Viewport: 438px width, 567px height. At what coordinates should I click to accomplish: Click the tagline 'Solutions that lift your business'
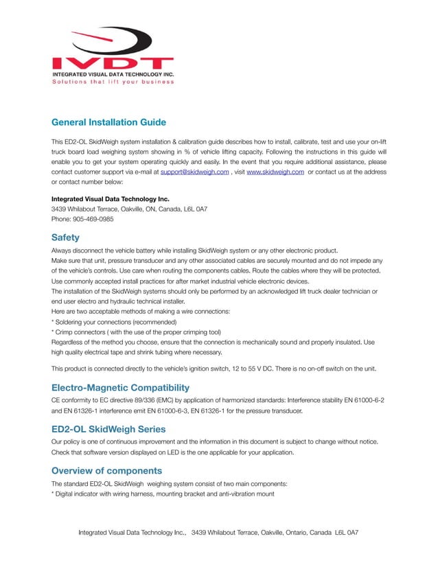[x=113, y=82]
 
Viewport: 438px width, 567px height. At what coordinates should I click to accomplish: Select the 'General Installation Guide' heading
[x=108, y=122]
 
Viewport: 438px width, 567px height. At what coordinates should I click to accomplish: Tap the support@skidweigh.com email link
[x=194, y=172]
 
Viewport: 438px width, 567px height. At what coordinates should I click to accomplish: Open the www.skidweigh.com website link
[x=275, y=172]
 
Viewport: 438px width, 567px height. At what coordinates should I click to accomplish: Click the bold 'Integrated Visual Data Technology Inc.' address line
[x=110, y=199]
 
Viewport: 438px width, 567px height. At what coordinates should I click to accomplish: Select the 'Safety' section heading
[x=65, y=238]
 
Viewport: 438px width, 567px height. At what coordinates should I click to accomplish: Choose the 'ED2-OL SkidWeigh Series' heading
[x=108, y=428]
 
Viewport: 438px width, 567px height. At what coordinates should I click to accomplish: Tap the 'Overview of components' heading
[x=106, y=470]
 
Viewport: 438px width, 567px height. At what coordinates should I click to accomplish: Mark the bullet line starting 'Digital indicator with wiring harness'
[x=163, y=494]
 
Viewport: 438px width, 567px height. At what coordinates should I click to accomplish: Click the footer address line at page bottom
[x=218, y=532]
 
